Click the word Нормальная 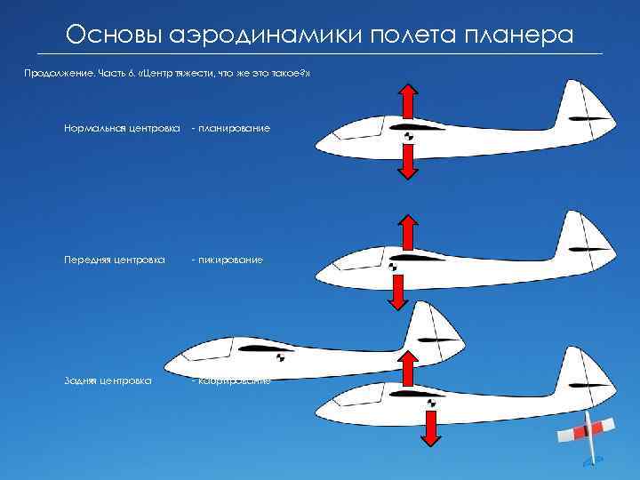point(97,129)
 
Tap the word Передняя point(91,260)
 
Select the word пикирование point(230,260)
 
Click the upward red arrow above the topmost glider point(407,100)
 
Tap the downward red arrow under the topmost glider point(407,162)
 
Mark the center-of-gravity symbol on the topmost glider point(407,136)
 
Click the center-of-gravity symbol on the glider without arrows point(281,357)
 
